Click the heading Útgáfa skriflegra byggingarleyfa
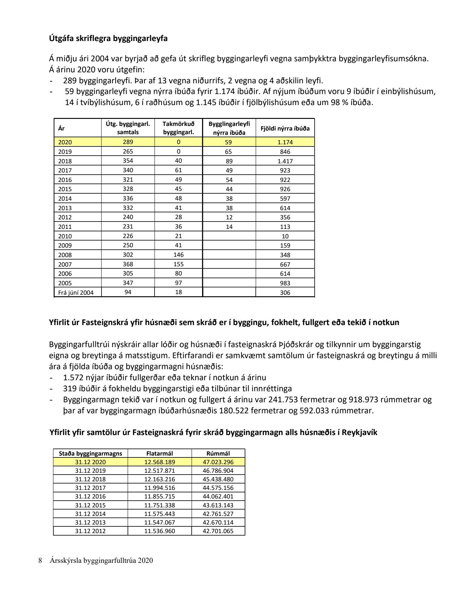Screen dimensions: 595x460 [x=108, y=39]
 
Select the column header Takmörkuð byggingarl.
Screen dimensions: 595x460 [x=178, y=128]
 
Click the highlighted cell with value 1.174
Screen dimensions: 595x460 [x=285, y=142]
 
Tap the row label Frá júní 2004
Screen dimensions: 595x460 [x=76, y=293]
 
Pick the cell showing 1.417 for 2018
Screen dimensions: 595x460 [x=285, y=161]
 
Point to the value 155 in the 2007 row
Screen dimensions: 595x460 [x=178, y=264]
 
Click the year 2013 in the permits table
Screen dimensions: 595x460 [x=65, y=208]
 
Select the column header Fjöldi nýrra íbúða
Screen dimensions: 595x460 [x=285, y=128]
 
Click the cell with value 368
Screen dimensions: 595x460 [x=128, y=264]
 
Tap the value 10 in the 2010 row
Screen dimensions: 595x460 [x=285, y=236]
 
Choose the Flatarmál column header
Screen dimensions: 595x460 [x=159, y=453]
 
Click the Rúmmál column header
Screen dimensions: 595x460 [x=218, y=453]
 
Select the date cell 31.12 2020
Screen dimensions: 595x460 [x=90, y=462]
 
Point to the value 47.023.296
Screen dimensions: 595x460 [x=218, y=462]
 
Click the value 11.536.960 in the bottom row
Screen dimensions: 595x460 [x=159, y=531]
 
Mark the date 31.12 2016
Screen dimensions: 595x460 [x=90, y=496]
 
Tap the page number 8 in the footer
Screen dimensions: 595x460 [x=40, y=560]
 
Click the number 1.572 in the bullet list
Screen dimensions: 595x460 [x=73, y=377]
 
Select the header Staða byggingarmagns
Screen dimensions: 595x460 [x=90, y=453]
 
